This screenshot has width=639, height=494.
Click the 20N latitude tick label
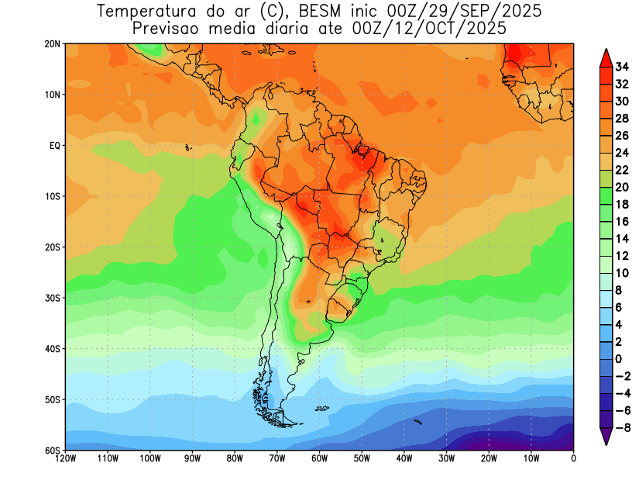click(53, 44)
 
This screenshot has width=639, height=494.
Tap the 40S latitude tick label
click(53, 349)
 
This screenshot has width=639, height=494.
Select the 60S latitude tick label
click(53, 451)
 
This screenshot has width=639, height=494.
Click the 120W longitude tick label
click(66, 459)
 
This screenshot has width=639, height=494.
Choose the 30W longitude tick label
click(447, 459)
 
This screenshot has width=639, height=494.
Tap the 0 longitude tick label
click(573, 459)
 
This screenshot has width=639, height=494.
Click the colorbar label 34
click(621, 66)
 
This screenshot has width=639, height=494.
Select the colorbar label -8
click(621, 427)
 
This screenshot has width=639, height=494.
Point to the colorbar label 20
click(621, 187)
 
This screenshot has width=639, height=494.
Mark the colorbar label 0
click(618, 358)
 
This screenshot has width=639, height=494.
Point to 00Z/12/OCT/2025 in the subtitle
click(434, 29)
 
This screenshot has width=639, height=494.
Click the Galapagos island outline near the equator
click(187, 147)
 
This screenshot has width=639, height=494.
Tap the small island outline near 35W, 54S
click(417, 422)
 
